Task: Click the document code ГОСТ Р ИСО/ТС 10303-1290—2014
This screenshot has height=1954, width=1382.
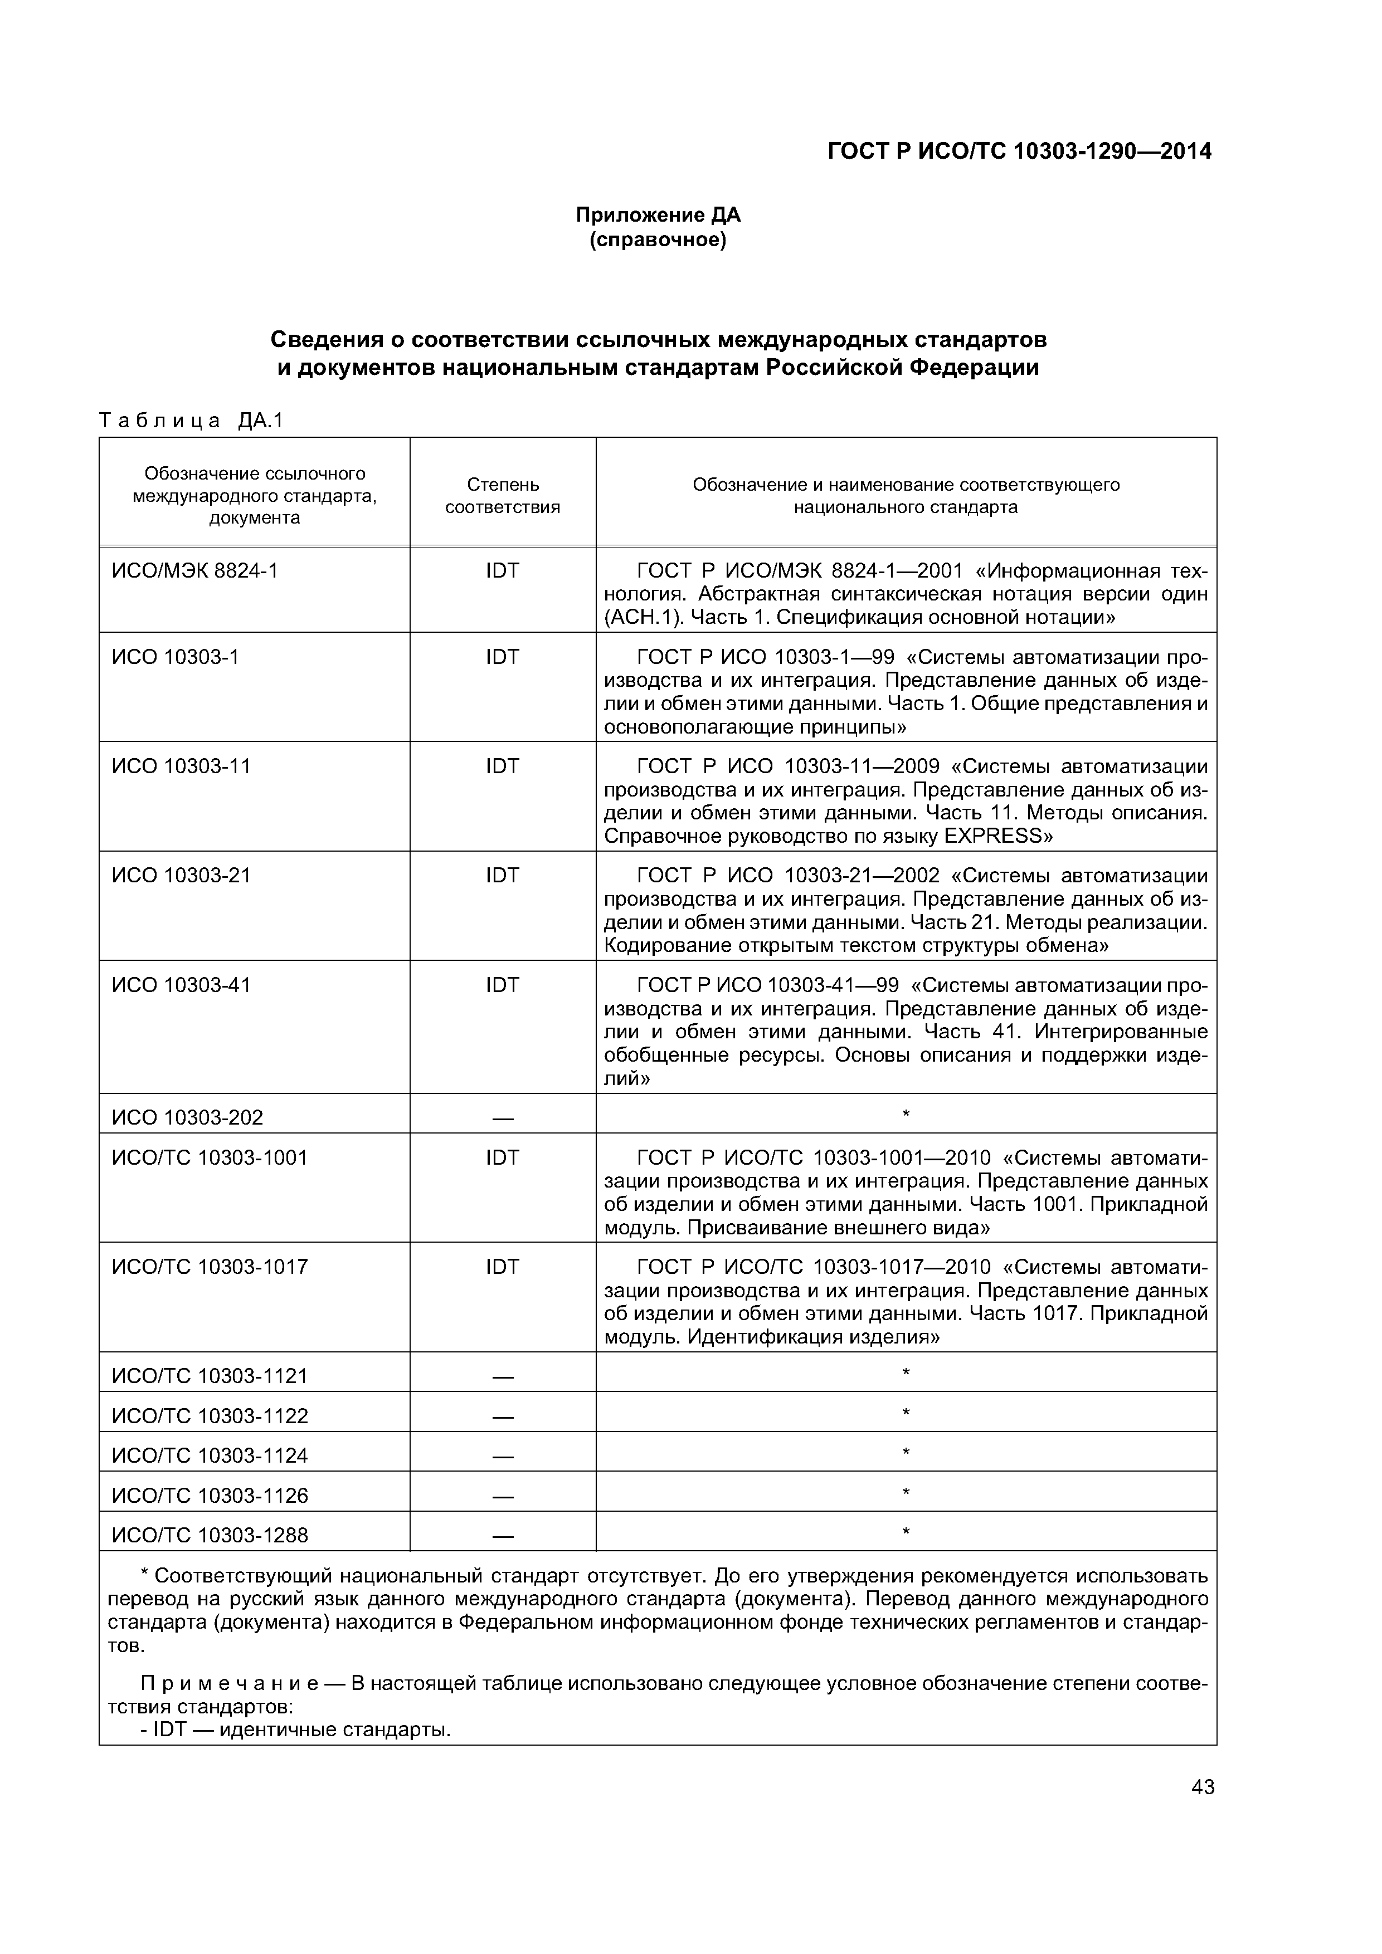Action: (x=1019, y=152)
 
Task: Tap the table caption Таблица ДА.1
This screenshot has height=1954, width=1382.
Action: (x=191, y=421)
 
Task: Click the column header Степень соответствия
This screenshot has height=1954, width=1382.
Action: (x=503, y=495)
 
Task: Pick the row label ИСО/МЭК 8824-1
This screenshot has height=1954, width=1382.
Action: (x=195, y=571)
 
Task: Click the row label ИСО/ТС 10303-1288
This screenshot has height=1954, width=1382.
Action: (x=210, y=1535)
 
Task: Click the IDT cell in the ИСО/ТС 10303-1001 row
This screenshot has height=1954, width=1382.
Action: (x=503, y=1158)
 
